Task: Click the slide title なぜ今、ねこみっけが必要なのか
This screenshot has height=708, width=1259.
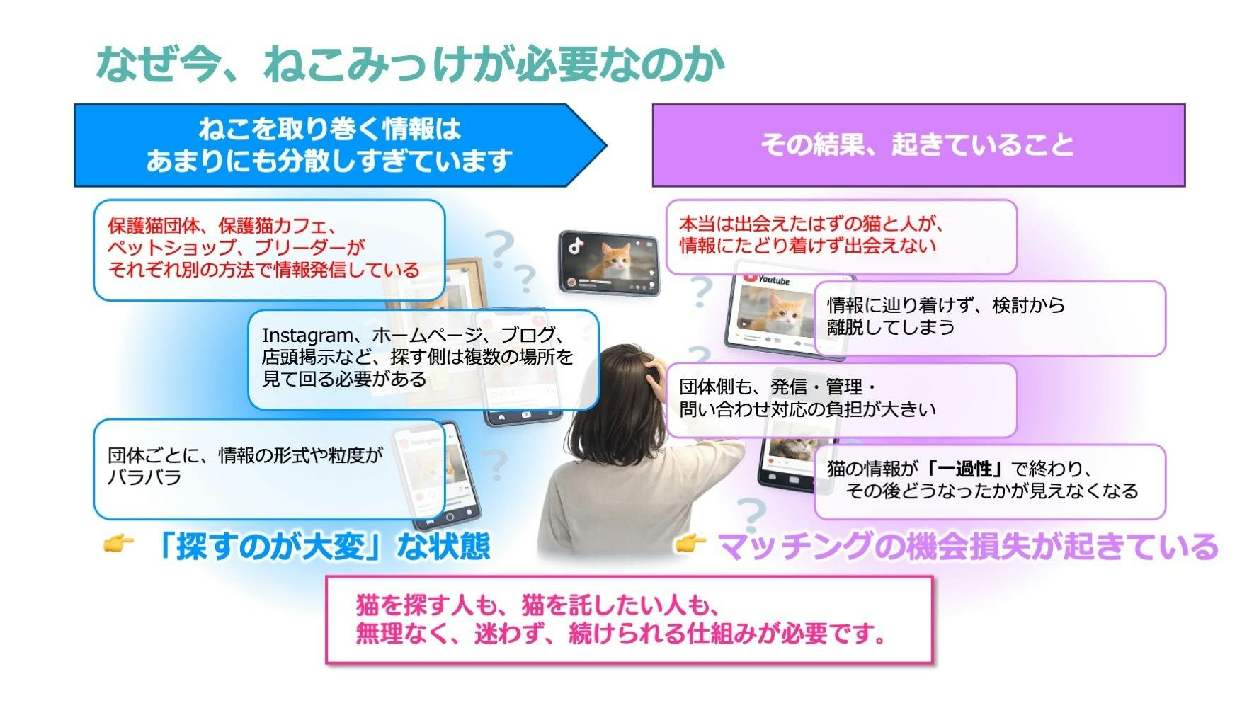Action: click(411, 64)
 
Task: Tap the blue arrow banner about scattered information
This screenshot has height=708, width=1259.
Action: click(340, 145)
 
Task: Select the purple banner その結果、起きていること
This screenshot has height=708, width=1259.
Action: click(918, 145)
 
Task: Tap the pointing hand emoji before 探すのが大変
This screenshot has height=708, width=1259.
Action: click(118, 544)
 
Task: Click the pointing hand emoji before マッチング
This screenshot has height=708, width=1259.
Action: click(690, 544)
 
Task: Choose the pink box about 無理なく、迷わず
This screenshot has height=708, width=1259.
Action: click(629, 619)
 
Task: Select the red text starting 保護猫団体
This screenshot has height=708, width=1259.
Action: click(263, 248)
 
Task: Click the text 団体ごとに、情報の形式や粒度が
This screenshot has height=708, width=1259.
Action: click(245, 455)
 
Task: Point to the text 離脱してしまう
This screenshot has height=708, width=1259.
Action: click(891, 327)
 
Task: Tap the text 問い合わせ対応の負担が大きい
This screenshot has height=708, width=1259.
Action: click(807, 409)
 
